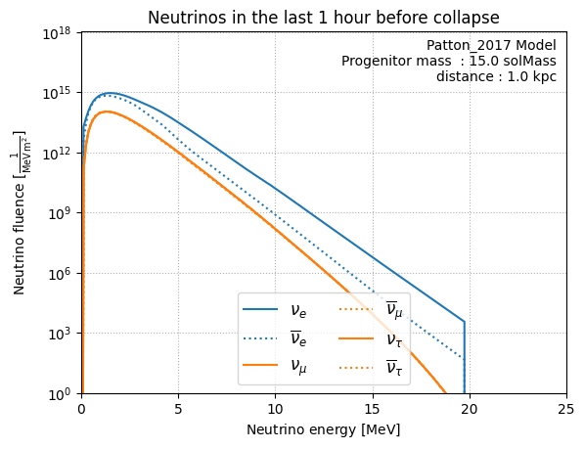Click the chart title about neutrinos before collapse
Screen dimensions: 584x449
click(323, 18)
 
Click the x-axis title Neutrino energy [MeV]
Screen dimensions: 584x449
click(323, 429)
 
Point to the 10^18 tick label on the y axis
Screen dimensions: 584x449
click(57, 33)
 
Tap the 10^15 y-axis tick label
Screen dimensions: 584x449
click(57, 94)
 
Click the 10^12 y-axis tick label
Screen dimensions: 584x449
click(57, 154)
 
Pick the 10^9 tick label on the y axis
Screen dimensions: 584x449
click(60, 213)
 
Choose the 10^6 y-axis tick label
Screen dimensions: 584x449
click(60, 274)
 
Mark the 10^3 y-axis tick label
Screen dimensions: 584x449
click(60, 334)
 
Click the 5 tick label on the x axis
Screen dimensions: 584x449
click(178, 409)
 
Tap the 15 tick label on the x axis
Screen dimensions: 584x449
click(373, 409)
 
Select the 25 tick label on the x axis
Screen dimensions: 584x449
click(566, 409)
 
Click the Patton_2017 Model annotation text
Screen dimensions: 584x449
click(491, 45)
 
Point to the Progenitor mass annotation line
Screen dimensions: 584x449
click(449, 61)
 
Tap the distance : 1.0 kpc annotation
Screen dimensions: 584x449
click(496, 76)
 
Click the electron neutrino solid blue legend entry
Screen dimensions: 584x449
click(275, 310)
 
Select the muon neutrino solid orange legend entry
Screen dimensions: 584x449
click(275, 365)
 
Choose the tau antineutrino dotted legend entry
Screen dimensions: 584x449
click(371, 368)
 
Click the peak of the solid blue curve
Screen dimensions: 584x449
click(111, 93)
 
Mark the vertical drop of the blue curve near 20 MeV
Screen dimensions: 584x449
click(465, 357)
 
